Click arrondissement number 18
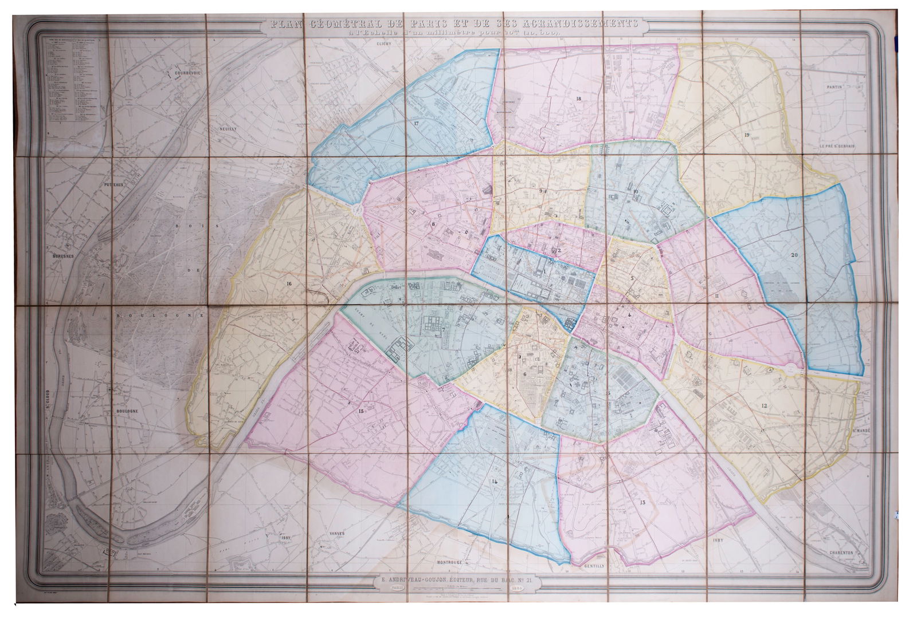click(578, 99)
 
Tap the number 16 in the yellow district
click(289, 283)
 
